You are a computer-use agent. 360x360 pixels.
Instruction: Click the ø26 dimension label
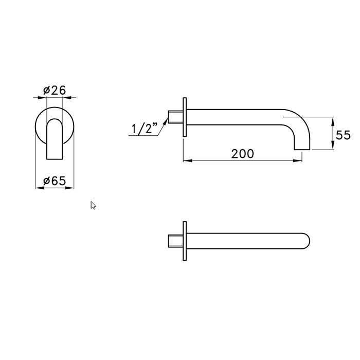(55, 90)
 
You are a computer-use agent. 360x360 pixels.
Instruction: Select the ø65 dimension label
(55, 181)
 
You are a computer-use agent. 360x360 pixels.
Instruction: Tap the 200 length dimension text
(242, 154)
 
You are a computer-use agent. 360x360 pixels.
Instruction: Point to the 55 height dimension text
(343, 135)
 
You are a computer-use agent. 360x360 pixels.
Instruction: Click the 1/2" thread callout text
(145, 128)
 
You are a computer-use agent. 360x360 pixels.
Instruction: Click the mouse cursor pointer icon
(93, 206)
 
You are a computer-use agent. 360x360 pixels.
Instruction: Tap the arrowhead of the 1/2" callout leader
(166, 121)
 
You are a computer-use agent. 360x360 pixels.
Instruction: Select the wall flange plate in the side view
(185, 117)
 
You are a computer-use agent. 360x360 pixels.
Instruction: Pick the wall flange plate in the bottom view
(185, 241)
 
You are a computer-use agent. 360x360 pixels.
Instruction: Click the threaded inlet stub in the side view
(176, 117)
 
